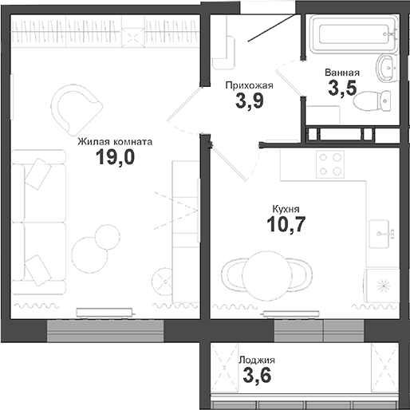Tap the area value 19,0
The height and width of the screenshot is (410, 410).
click(115, 157)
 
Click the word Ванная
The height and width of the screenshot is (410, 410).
click(342, 73)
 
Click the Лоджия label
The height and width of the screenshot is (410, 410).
click(257, 361)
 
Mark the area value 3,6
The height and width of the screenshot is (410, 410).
click(257, 376)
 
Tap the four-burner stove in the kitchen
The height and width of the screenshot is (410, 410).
click(331, 165)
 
